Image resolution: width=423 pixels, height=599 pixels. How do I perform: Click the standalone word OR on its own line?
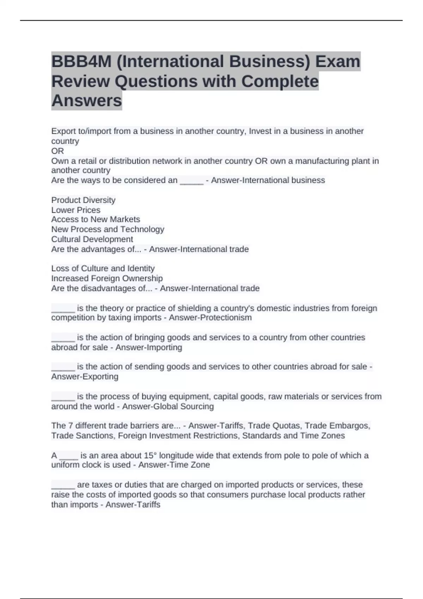pos(57,151)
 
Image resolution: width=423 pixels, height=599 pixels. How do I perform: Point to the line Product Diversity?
pos(83,200)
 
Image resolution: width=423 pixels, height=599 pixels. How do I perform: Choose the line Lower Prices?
pos(76,210)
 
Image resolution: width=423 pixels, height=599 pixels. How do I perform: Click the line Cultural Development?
pos(92,239)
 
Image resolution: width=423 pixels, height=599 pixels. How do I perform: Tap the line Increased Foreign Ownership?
pos(107,278)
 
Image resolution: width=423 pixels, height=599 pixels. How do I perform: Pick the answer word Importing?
pos(163,347)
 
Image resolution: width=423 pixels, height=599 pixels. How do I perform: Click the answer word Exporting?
pos(98,377)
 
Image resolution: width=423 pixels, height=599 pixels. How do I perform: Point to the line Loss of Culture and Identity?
pos(103,268)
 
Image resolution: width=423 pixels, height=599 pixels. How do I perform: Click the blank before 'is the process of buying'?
pos(63,397)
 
